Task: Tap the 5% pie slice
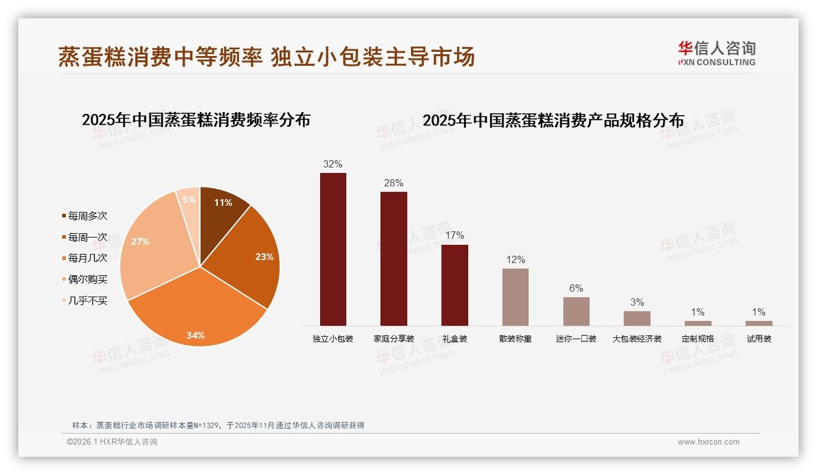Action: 190,201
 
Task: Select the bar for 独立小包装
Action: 333,250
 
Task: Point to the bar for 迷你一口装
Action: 576,311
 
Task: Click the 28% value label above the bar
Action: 393,183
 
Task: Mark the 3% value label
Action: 637,302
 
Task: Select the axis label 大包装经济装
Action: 637,339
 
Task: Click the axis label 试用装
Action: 758,339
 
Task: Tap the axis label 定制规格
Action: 697,339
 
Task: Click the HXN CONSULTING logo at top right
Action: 716,54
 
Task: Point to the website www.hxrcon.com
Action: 708,442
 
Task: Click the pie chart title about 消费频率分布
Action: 196,120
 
